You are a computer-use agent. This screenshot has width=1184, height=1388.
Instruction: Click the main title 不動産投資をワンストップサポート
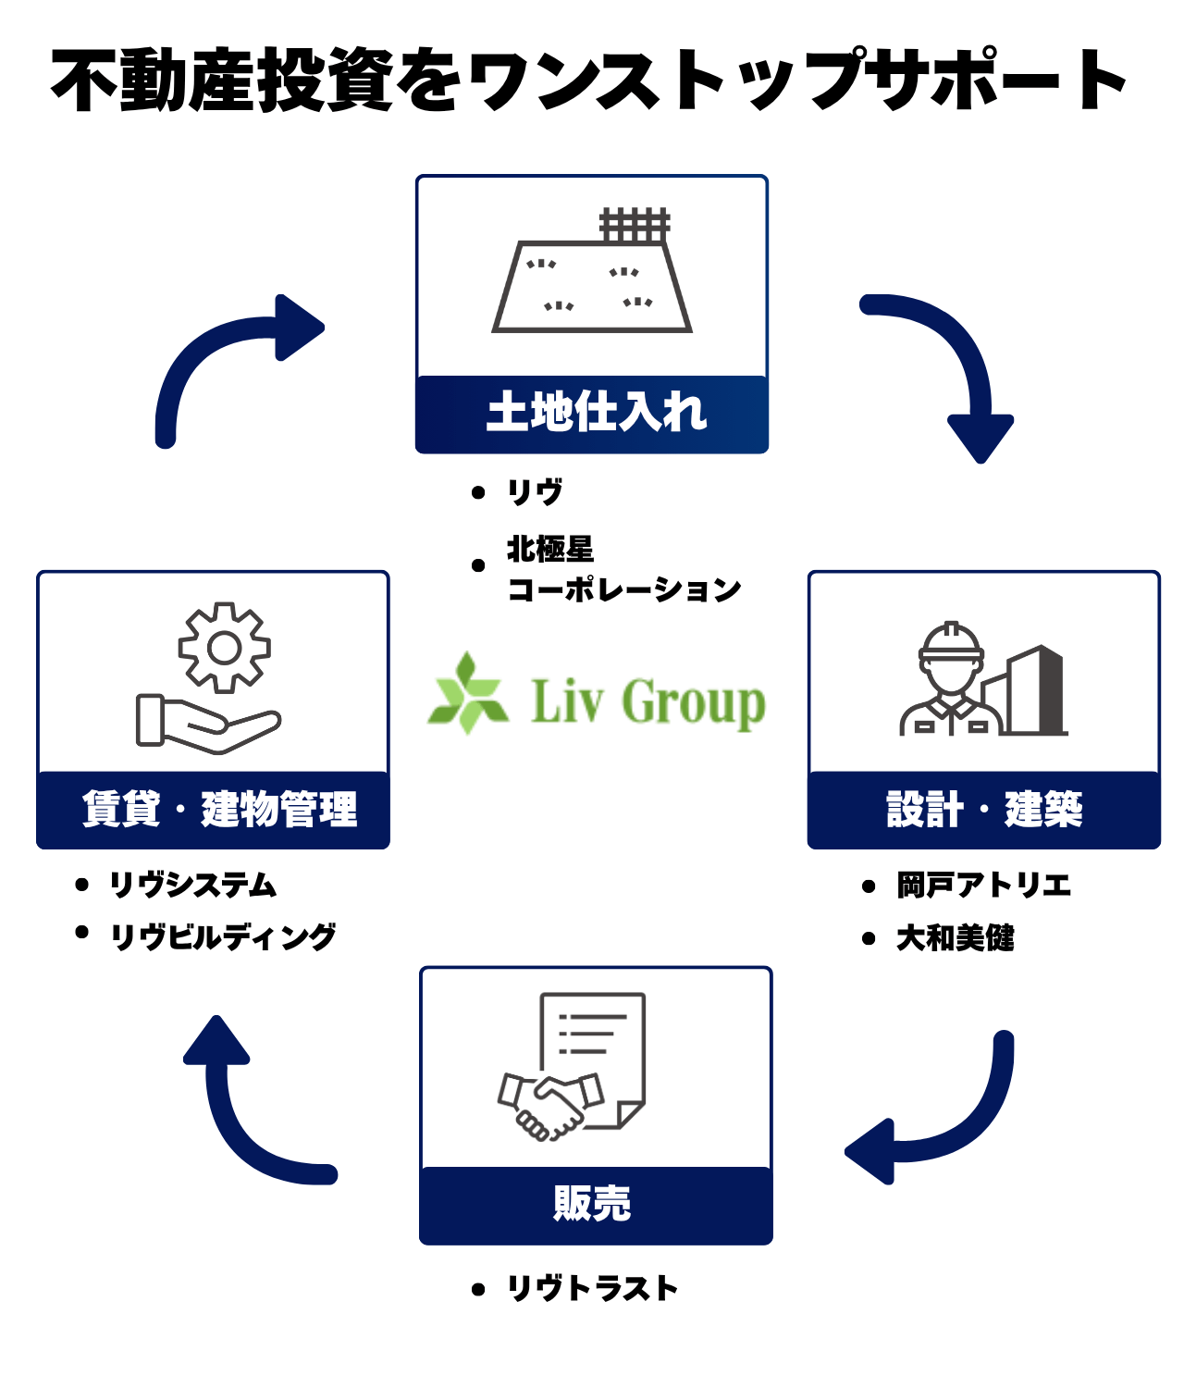588,81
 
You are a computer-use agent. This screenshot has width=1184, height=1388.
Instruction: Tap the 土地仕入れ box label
596,413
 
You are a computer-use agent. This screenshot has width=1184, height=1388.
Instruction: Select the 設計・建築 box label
984,810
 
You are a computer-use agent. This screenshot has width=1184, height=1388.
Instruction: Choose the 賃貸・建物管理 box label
219,810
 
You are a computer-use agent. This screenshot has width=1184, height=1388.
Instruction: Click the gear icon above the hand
225,648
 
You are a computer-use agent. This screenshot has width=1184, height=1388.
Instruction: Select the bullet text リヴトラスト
592,1288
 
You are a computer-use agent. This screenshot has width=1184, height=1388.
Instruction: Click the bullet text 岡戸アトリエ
983,886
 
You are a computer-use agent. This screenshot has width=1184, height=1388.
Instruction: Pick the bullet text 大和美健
955,938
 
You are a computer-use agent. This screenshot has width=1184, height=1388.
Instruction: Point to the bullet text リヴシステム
192,885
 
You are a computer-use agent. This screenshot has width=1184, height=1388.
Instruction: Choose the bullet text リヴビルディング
223,936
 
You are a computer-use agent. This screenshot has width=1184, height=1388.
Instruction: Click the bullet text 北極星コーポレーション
622,569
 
